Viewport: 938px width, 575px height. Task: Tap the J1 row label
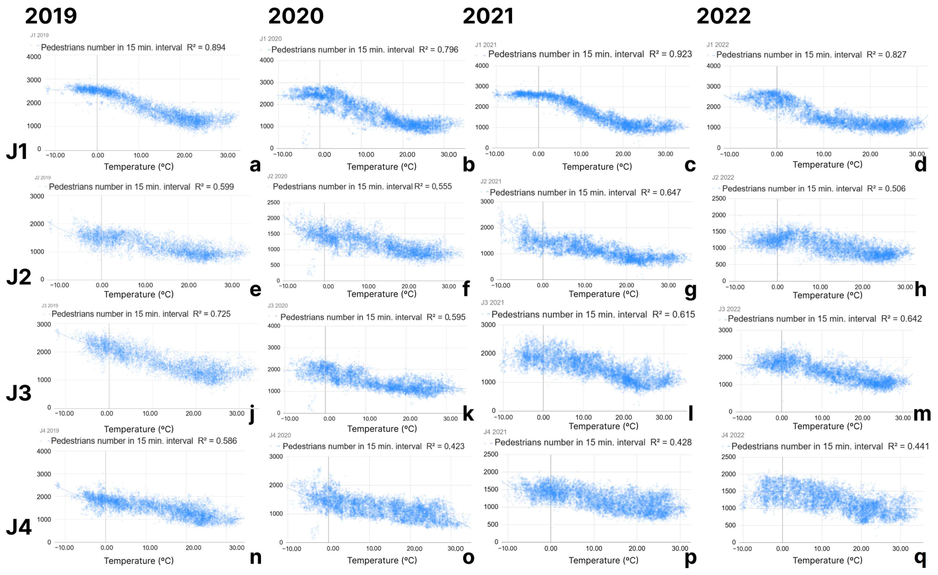(x=17, y=151)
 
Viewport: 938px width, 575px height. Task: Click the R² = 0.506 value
(x=886, y=189)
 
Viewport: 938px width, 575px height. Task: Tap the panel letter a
(x=255, y=165)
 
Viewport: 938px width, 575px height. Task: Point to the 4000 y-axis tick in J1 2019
(x=34, y=57)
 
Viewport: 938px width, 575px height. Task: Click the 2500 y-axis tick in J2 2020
(x=273, y=202)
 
